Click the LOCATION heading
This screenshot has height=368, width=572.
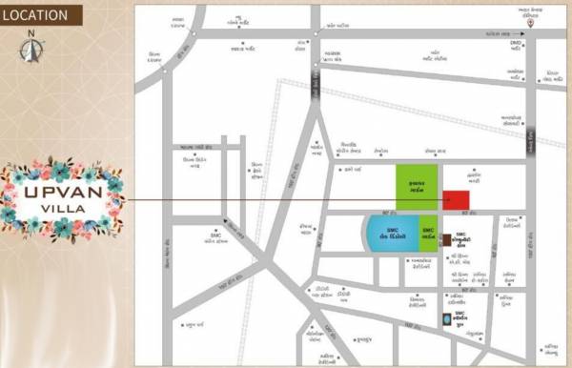(35, 14)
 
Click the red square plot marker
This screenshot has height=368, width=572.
(456, 200)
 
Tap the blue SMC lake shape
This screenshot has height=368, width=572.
(391, 235)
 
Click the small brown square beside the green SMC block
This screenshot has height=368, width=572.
(445, 239)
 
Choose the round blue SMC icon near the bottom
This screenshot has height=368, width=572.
(445, 319)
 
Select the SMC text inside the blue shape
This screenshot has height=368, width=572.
(389, 233)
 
